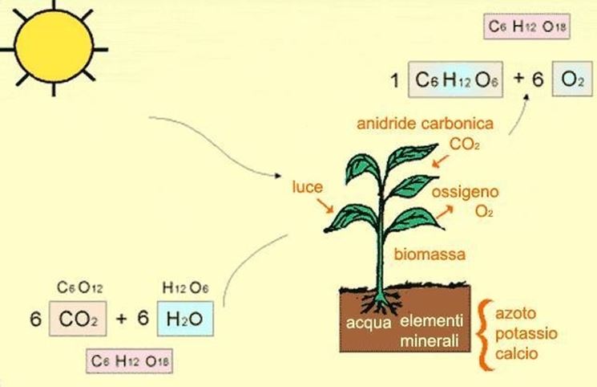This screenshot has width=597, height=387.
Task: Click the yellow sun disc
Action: [x=54, y=47]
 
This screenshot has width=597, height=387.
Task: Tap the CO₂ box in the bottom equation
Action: [x=78, y=319]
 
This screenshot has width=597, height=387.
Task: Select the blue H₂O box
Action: [x=185, y=319]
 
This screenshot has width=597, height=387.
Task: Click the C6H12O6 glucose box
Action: [x=455, y=79]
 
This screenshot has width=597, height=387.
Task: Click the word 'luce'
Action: [x=307, y=187]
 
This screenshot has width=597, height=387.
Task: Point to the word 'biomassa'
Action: [x=430, y=255]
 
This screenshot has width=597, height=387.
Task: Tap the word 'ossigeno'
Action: [x=465, y=192]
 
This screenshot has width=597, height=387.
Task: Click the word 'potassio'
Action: [x=526, y=333]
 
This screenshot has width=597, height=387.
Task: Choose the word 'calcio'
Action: [x=516, y=353]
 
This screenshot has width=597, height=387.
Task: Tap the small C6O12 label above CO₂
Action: [x=79, y=287]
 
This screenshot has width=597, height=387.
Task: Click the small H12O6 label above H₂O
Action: [x=185, y=287]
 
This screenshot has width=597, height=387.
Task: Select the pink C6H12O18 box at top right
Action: [x=526, y=26]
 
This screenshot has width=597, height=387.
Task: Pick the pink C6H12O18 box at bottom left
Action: [x=130, y=361]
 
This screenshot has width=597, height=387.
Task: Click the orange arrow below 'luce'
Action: [x=325, y=206]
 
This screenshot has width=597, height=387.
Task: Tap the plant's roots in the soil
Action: [x=381, y=303]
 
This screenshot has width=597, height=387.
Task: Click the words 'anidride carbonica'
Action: [x=425, y=124]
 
